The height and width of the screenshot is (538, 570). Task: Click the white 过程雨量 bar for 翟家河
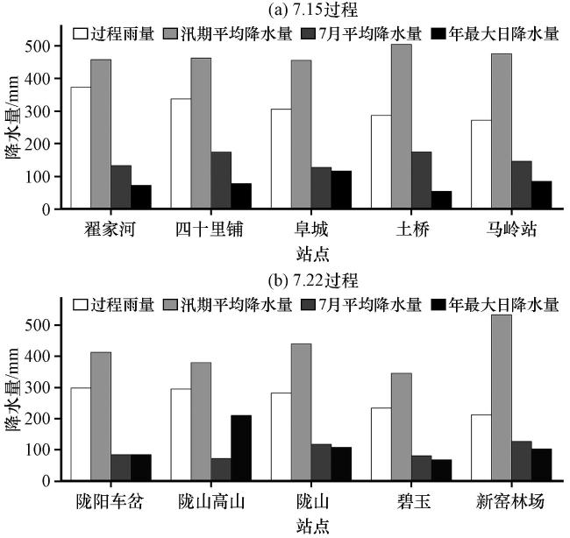click(81, 148)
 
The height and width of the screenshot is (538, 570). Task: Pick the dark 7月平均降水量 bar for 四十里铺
click(221, 181)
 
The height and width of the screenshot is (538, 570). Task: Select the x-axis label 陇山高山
click(210, 503)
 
